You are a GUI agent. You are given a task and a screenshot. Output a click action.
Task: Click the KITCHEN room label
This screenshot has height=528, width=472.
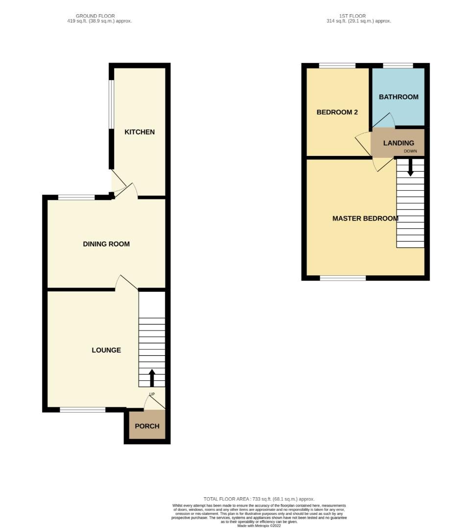point(140,132)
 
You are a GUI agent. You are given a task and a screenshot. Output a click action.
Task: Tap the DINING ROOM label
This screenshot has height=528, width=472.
point(106,244)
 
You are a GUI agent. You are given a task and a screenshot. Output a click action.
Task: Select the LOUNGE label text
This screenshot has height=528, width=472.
point(106,350)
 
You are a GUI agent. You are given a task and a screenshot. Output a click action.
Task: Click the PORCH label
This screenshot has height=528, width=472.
point(147,426)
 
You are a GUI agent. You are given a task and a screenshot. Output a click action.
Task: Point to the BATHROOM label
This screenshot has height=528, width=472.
point(399,97)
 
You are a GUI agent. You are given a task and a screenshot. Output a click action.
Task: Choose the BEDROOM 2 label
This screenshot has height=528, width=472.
point(337,112)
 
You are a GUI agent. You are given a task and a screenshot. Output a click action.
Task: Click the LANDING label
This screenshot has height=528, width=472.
point(399,143)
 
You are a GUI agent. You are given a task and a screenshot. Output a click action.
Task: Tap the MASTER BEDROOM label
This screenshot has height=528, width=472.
point(365,219)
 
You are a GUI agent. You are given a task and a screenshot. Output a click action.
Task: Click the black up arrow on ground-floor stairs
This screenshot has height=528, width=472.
point(152,377)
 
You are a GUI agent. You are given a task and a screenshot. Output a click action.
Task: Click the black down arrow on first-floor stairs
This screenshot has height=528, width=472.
point(410,169)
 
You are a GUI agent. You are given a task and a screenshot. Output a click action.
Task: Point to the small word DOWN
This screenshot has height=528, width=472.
point(410,151)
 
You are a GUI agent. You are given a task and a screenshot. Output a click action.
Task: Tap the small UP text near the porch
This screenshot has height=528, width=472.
point(152,394)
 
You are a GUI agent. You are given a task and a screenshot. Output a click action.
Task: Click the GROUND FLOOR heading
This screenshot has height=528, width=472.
point(95,16)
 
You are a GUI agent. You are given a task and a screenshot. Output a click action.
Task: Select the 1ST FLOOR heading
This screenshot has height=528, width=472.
point(353,16)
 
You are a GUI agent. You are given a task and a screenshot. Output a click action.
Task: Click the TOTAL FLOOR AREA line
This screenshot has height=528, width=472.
point(259,499)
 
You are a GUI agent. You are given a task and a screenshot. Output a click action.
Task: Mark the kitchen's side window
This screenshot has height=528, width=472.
point(111,104)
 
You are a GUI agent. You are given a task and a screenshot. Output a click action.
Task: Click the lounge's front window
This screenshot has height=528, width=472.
point(83,410)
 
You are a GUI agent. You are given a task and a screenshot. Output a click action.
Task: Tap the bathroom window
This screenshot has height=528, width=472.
point(398,66)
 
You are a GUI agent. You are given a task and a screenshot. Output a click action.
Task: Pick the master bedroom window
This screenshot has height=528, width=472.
point(343,278)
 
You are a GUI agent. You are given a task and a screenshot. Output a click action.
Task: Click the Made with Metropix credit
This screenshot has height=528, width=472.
point(259,526)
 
